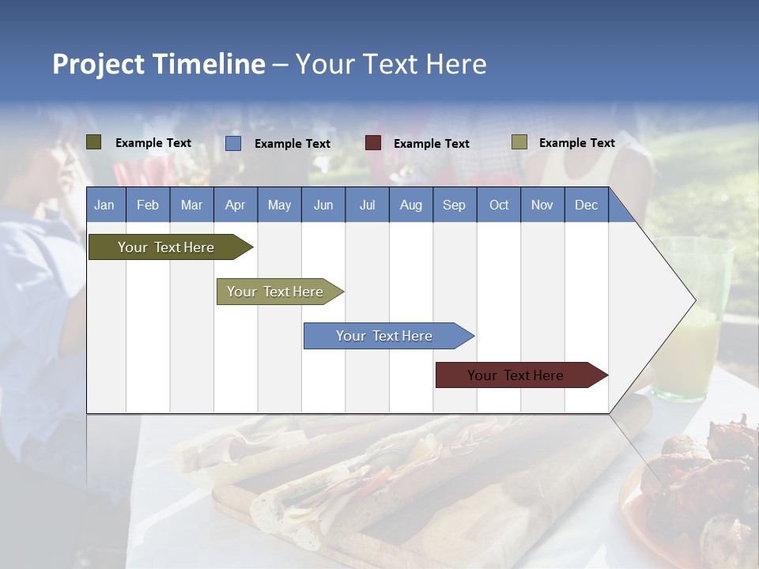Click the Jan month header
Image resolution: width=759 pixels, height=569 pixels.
tap(104, 205)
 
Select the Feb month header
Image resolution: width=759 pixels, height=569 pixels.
tap(148, 205)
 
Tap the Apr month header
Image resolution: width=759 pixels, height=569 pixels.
tap(236, 205)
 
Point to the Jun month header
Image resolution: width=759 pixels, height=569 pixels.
tap(323, 205)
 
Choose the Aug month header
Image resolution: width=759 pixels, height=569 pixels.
tap(411, 205)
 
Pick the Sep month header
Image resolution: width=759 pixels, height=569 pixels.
tap(455, 205)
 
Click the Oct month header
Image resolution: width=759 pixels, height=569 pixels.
tap(499, 205)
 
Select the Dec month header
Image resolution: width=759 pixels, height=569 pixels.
tap(587, 205)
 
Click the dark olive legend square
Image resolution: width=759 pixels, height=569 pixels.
tap(94, 142)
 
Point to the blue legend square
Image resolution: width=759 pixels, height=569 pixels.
tap(233, 143)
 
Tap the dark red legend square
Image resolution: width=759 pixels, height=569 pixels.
tap(373, 143)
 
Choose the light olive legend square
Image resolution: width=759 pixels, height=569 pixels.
tap(519, 142)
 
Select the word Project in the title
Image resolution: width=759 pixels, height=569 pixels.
tap(99, 64)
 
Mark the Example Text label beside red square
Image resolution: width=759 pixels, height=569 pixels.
tap(432, 144)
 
